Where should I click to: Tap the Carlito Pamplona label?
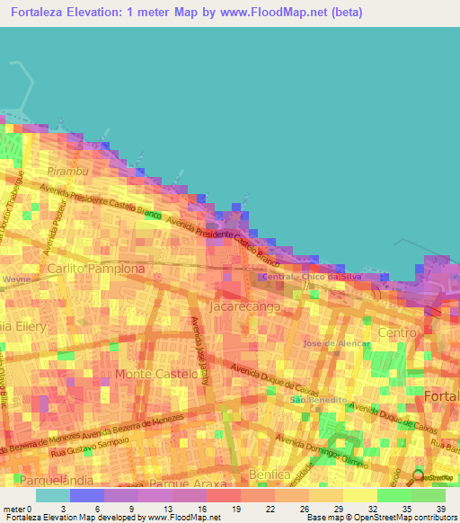click(x=96, y=269)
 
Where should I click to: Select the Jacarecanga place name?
click(x=243, y=306)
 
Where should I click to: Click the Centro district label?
click(x=398, y=333)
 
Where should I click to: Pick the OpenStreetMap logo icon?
click(x=419, y=475)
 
